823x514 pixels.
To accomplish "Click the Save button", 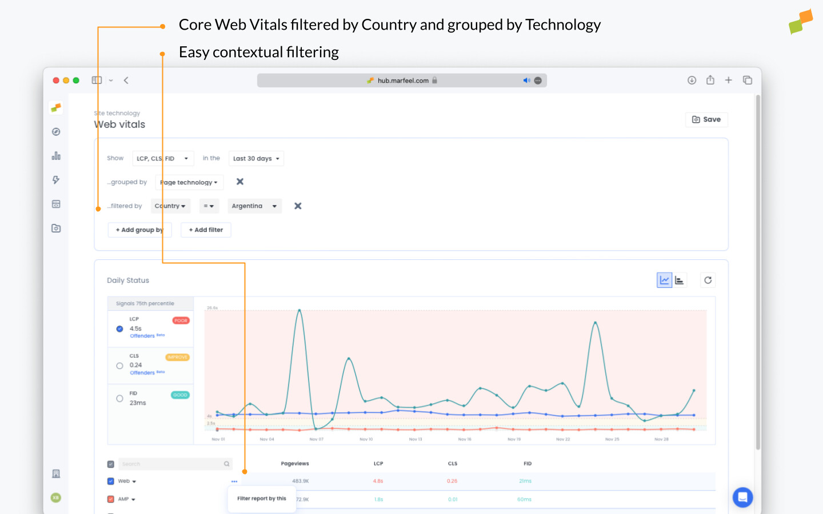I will coord(706,119).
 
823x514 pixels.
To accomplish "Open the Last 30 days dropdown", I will coord(256,159).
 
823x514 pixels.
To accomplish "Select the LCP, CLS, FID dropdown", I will coord(163,159).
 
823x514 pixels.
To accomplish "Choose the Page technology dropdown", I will coord(189,183).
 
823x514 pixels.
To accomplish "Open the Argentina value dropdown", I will coord(254,206).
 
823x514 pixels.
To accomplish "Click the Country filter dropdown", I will coord(170,206).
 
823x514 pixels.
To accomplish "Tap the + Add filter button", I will coord(206,230).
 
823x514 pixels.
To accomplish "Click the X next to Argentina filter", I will coord(298,206).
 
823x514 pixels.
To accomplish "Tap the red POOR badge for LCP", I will coord(181,320).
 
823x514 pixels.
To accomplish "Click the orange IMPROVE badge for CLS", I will coord(178,357).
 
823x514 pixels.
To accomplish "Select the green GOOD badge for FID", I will coord(180,395).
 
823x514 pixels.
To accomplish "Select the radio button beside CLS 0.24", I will coord(119,366).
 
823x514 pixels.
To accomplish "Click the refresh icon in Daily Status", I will coord(708,280).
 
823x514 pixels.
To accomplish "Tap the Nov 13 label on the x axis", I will coord(416,439).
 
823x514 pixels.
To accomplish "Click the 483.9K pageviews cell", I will coord(301,481).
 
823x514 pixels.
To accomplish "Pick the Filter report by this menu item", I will coord(262,499).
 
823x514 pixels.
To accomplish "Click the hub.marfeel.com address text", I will coord(403,81).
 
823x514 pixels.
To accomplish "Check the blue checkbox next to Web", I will coord(111,481).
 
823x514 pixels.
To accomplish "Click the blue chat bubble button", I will coord(742,497).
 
